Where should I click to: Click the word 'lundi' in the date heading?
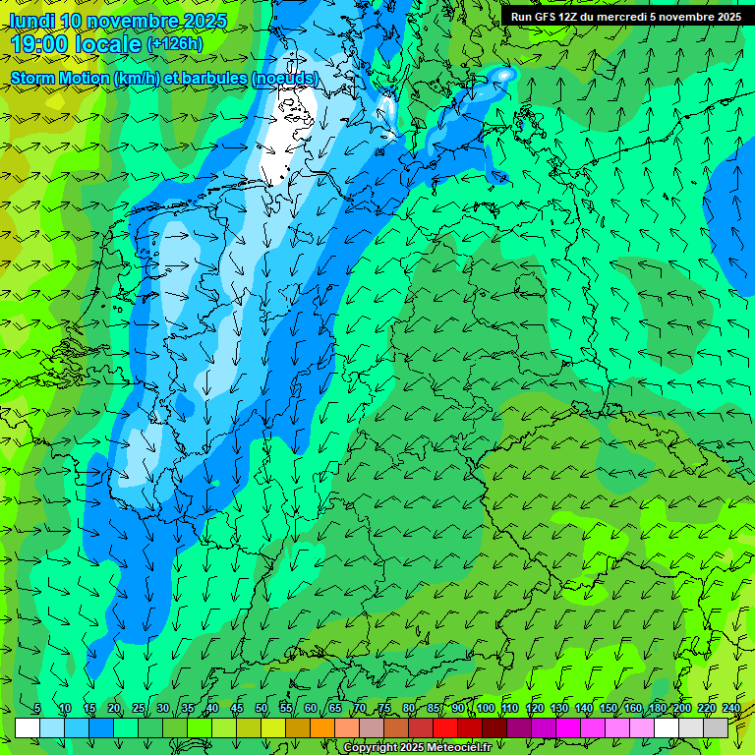click(31, 21)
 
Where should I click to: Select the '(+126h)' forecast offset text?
click(175, 44)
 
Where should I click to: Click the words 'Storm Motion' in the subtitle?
click(59, 78)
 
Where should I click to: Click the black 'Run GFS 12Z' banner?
click(626, 16)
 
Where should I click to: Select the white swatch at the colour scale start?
click(28, 727)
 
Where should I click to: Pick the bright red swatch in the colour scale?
click(445, 727)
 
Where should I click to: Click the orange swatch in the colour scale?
click(322, 727)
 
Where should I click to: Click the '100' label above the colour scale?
click(486, 709)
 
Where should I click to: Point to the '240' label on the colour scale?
click(731, 709)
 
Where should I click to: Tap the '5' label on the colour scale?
click(36, 709)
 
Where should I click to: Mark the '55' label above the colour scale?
click(286, 709)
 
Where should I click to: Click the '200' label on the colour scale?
click(682, 709)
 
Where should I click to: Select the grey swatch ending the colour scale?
click(716, 727)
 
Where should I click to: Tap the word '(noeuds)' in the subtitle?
click(284, 78)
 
